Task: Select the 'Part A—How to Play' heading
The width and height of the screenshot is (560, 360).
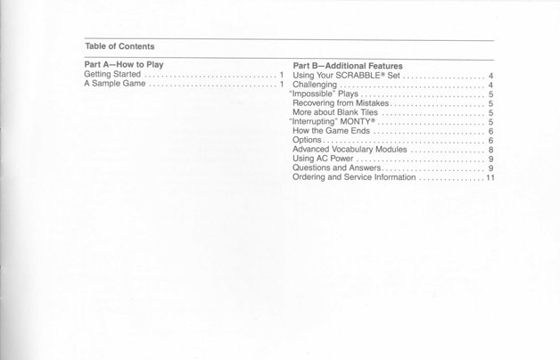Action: coord(123,65)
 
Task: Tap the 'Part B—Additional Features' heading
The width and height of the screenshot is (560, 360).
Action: coord(348,66)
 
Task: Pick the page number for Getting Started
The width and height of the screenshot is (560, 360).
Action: coord(282,75)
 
